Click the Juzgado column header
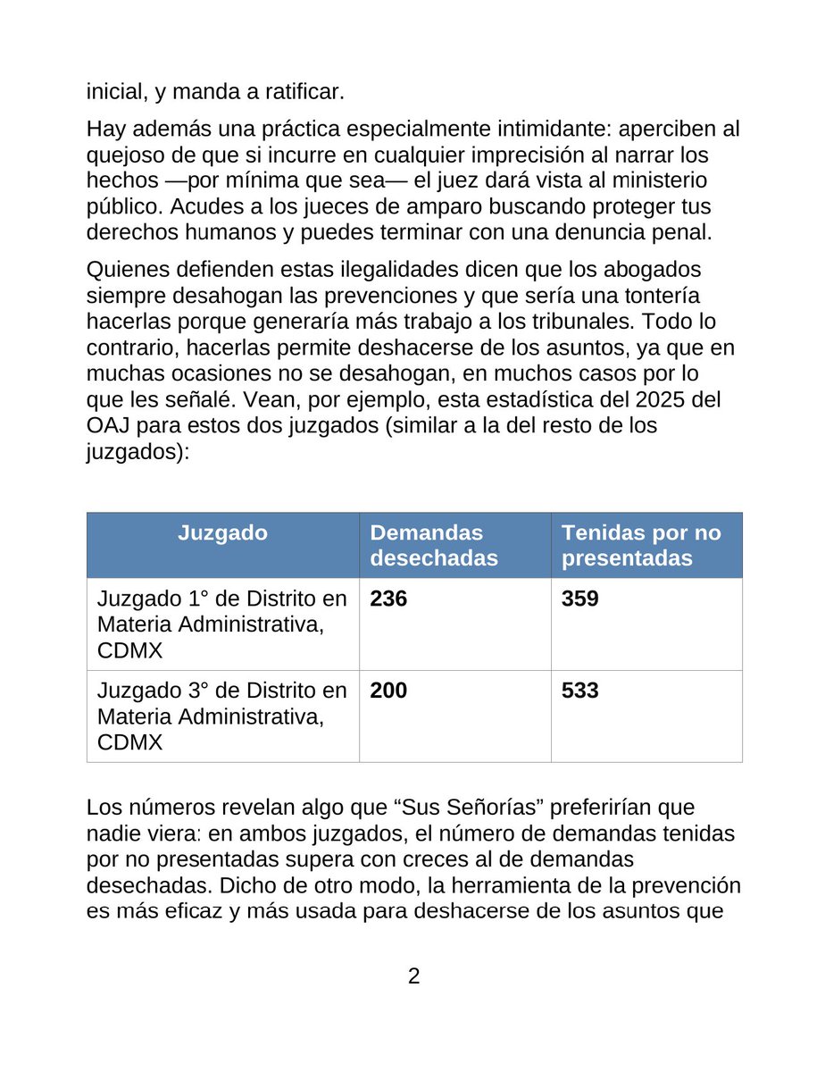click(x=222, y=533)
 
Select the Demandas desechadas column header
click(x=433, y=545)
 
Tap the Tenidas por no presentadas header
click(x=640, y=545)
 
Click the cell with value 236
click(x=388, y=599)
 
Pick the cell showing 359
click(x=579, y=599)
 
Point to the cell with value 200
click(x=388, y=691)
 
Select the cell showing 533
click(x=579, y=691)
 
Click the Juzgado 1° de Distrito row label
click(x=221, y=623)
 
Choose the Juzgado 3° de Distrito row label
click(x=221, y=716)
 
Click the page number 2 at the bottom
click(x=413, y=976)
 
